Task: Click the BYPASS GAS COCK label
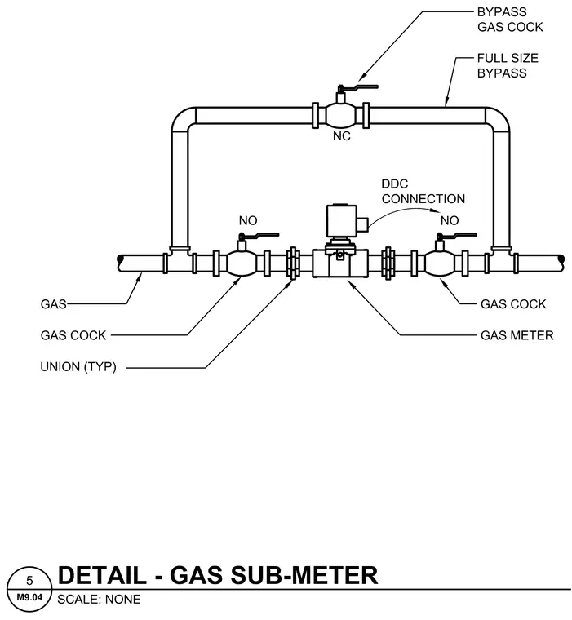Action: pyautogui.click(x=510, y=20)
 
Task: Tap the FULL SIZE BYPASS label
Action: pyautogui.click(x=508, y=65)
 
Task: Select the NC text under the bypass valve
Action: pyautogui.click(x=341, y=136)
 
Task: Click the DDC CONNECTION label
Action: pyautogui.click(x=423, y=192)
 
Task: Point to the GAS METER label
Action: pyautogui.click(x=517, y=335)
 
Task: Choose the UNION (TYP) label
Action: pyautogui.click(x=78, y=366)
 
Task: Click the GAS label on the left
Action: pyautogui.click(x=53, y=304)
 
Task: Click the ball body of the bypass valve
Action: pyautogui.click(x=340, y=116)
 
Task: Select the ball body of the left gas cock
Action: pyautogui.click(x=242, y=263)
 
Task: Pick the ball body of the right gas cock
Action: pyautogui.click(x=440, y=263)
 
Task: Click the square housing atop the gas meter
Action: pyautogui.click(x=341, y=220)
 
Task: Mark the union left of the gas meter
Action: pyautogui.click(x=293, y=263)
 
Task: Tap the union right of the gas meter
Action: pyautogui.click(x=388, y=263)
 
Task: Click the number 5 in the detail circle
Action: pyautogui.click(x=29, y=581)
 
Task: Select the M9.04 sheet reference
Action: pyautogui.click(x=29, y=597)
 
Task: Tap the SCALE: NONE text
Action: pyautogui.click(x=99, y=600)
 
